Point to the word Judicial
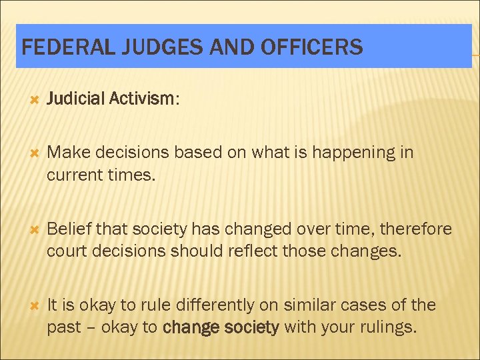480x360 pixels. click(x=75, y=99)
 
